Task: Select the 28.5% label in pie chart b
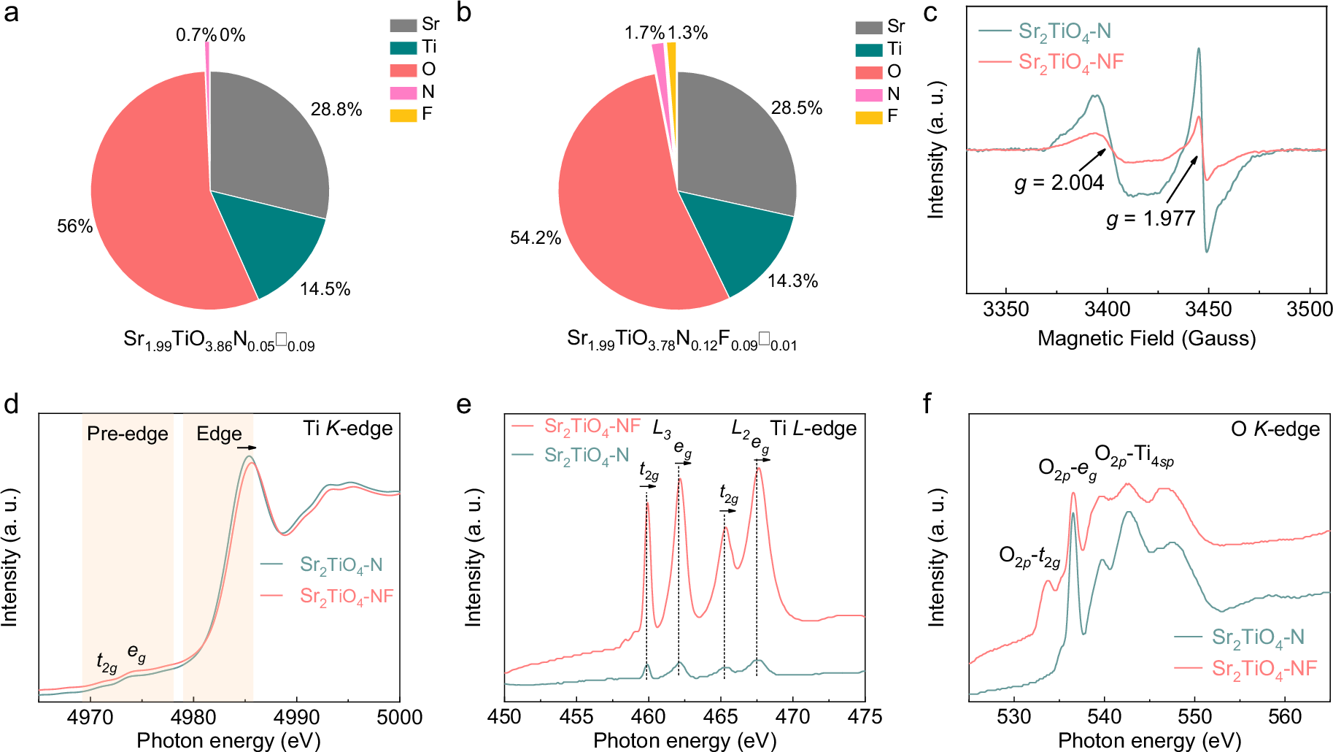coord(796,109)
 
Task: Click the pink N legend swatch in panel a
coord(403,93)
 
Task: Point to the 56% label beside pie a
coord(74,226)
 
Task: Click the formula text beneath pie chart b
coord(681,339)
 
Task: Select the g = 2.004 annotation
coord(1059,183)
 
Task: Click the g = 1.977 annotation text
coord(1151,218)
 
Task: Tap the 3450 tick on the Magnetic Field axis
coord(1208,309)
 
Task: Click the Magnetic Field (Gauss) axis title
coord(1146,338)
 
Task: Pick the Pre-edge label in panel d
coord(128,434)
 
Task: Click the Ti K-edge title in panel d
coord(348,429)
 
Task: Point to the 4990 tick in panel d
coord(296,717)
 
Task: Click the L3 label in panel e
coord(662,429)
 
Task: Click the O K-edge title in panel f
coord(1275,429)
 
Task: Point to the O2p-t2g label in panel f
coord(1029,557)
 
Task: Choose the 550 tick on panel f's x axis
coord(1194,717)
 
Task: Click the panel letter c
coord(930,13)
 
